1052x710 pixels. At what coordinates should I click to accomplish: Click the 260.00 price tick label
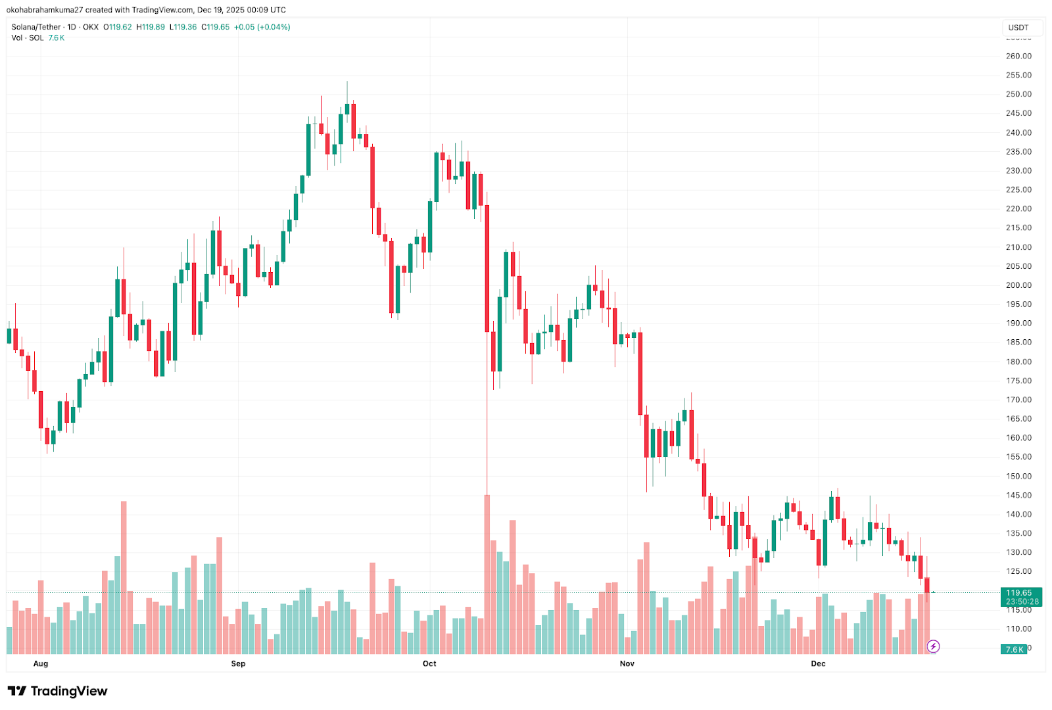(x=1018, y=56)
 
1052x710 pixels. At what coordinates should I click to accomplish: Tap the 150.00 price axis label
(x=1018, y=476)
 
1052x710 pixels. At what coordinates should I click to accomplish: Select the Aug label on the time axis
(x=41, y=663)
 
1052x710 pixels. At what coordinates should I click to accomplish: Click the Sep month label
(x=238, y=663)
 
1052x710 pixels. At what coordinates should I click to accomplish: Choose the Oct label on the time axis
(x=429, y=663)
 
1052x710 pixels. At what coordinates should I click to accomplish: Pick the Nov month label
(x=627, y=663)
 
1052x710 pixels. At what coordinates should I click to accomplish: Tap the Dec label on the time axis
(x=818, y=663)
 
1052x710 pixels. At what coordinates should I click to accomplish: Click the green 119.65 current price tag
(x=1020, y=593)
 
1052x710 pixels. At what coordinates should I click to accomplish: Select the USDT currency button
(x=1018, y=28)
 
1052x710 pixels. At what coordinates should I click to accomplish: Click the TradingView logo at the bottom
(x=57, y=691)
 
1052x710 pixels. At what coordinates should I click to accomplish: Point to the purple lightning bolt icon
(x=933, y=646)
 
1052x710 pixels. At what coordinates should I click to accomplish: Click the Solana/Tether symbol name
(x=36, y=27)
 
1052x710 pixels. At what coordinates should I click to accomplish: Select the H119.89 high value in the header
(x=151, y=27)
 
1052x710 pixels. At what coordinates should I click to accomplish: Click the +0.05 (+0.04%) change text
(x=262, y=27)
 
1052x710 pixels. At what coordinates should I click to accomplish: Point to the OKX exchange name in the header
(x=91, y=27)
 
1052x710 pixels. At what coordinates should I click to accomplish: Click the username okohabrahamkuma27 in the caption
(x=45, y=10)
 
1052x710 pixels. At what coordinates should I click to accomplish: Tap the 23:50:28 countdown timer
(x=1022, y=602)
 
